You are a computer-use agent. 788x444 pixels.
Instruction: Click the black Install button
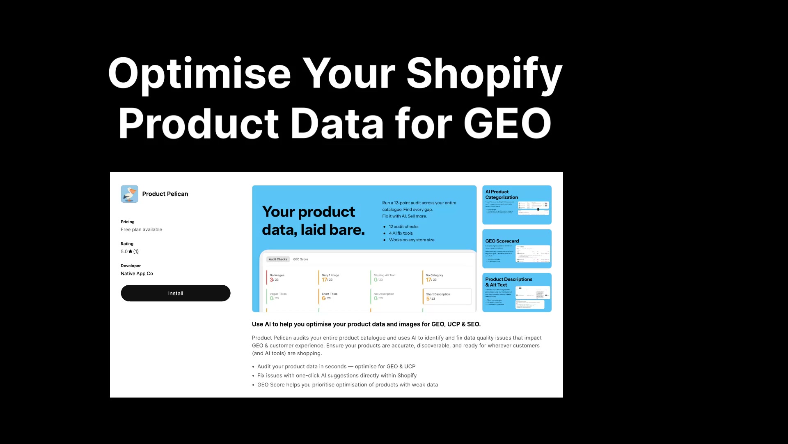tap(175, 293)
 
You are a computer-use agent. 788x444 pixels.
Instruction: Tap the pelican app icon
tap(129, 194)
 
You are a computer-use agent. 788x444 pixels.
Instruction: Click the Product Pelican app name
tap(165, 194)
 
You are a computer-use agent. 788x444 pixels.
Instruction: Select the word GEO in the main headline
tap(508, 123)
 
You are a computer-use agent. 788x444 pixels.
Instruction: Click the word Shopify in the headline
tap(484, 74)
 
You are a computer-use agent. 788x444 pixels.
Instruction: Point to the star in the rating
tap(131, 252)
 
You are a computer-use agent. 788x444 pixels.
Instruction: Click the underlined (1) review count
tap(136, 252)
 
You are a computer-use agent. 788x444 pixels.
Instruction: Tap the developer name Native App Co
tap(137, 273)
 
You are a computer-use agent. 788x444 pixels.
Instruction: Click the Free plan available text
tap(141, 229)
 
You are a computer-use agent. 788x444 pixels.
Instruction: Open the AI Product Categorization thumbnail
tap(517, 205)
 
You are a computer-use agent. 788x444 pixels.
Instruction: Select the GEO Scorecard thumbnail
tap(517, 248)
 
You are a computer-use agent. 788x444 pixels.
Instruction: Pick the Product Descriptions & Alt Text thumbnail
tap(517, 292)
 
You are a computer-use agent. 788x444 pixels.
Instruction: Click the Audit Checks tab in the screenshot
tap(278, 259)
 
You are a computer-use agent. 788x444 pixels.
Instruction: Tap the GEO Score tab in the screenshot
tap(300, 259)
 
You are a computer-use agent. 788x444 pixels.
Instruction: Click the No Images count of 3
tap(271, 280)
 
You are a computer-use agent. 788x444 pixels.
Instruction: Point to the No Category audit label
tap(434, 275)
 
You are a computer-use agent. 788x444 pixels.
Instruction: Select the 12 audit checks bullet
tap(403, 227)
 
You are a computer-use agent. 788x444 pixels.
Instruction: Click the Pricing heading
tap(127, 222)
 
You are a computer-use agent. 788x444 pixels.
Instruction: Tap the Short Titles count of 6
tap(323, 298)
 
